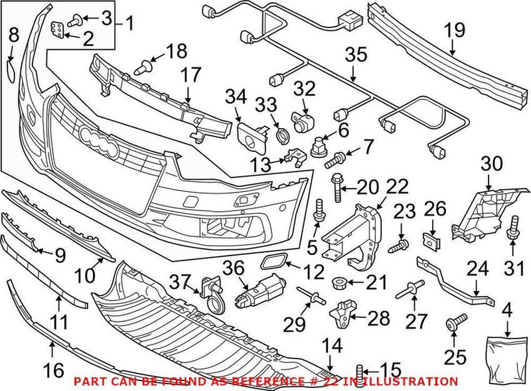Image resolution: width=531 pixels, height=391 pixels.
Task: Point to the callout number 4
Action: tap(507, 309)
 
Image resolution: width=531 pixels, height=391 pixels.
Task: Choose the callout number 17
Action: tap(190, 76)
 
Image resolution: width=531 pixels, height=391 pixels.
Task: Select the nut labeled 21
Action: tap(336, 283)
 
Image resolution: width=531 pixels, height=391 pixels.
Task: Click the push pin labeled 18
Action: tap(143, 66)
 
